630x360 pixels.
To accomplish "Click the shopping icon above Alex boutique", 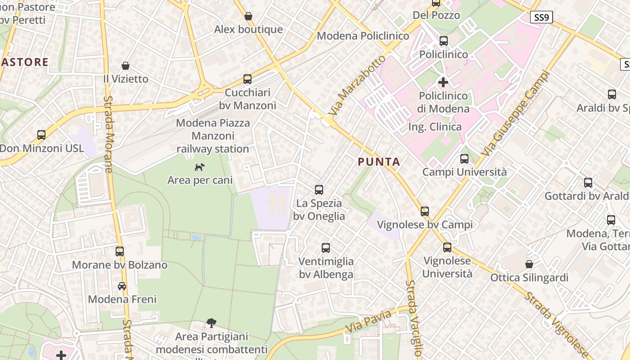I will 248,17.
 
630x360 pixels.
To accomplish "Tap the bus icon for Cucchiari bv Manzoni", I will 247,79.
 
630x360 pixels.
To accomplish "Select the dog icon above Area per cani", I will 199,167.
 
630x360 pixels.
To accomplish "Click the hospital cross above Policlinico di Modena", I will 443,82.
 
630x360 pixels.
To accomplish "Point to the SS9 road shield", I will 541,18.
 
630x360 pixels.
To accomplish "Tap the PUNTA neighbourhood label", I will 379,162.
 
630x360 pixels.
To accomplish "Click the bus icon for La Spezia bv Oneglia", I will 319,190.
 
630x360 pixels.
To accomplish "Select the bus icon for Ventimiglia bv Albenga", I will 326,248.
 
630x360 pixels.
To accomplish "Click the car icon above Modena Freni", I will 122,286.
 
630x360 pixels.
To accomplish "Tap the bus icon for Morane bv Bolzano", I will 120,252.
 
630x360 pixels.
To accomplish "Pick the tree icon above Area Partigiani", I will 211,323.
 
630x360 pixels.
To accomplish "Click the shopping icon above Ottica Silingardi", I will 529,264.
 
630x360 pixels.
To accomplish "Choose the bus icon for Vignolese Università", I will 447,247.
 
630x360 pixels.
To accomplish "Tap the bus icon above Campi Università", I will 464,159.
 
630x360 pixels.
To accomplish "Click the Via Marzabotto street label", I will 361,88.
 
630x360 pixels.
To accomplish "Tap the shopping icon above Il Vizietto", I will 126,66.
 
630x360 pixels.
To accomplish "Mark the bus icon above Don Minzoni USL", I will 41,135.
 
